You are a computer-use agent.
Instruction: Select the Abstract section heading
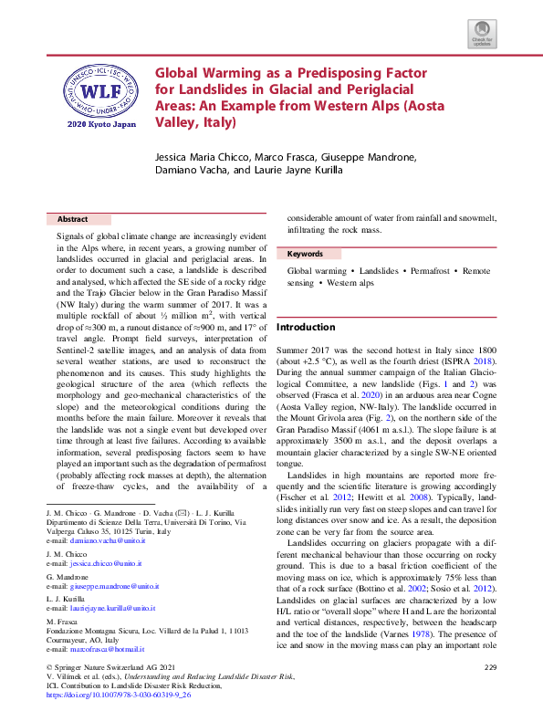73,220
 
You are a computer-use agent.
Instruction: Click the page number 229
490,668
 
